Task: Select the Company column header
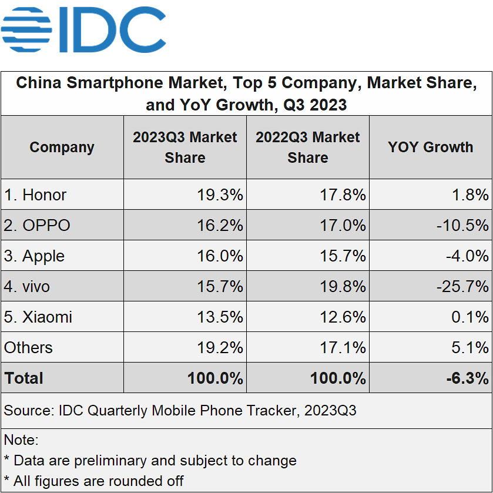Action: tap(62, 147)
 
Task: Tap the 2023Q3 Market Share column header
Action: tap(185, 147)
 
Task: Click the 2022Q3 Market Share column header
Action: tap(308, 147)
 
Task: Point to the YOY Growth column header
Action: tap(430, 147)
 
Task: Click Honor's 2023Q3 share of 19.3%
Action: tap(220, 195)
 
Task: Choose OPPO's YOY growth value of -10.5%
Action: tap(462, 226)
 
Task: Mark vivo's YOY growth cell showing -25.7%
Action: tap(462, 287)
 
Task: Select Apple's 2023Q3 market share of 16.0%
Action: tap(220, 256)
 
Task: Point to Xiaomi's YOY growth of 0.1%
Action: tap(471, 317)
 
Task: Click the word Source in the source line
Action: tap(28, 410)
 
